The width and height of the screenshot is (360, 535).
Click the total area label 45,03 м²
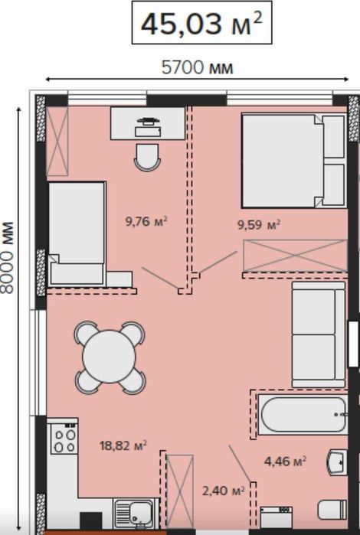click(x=201, y=24)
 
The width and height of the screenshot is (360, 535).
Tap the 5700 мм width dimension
click(x=197, y=67)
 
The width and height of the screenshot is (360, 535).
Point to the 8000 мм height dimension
click(x=8, y=258)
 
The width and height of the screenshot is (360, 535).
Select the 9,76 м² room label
click(x=146, y=221)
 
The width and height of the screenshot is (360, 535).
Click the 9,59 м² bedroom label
click(x=259, y=225)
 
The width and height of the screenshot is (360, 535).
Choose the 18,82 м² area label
click(x=123, y=445)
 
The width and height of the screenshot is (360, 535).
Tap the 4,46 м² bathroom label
click(x=285, y=462)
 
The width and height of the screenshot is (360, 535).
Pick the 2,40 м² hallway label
click(x=224, y=491)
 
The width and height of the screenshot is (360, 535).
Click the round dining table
click(x=110, y=357)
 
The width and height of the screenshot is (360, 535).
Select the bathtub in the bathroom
click(x=303, y=415)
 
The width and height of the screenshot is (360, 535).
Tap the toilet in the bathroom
click(x=332, y=510)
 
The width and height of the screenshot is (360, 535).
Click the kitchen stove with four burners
click(x=64, y=439)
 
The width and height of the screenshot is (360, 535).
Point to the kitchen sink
click(x=136, y=513)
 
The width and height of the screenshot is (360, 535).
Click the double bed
click(x=293, y=161)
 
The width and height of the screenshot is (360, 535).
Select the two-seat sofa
click(x=319, y=334)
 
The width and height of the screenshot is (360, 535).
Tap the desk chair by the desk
click(x=147, y=157)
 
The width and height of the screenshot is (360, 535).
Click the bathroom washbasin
click(x=337, y=462)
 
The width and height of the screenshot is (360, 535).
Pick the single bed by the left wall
click(x=77, y=233)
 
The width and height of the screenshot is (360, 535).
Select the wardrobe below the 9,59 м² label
click(x=295, y=256)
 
